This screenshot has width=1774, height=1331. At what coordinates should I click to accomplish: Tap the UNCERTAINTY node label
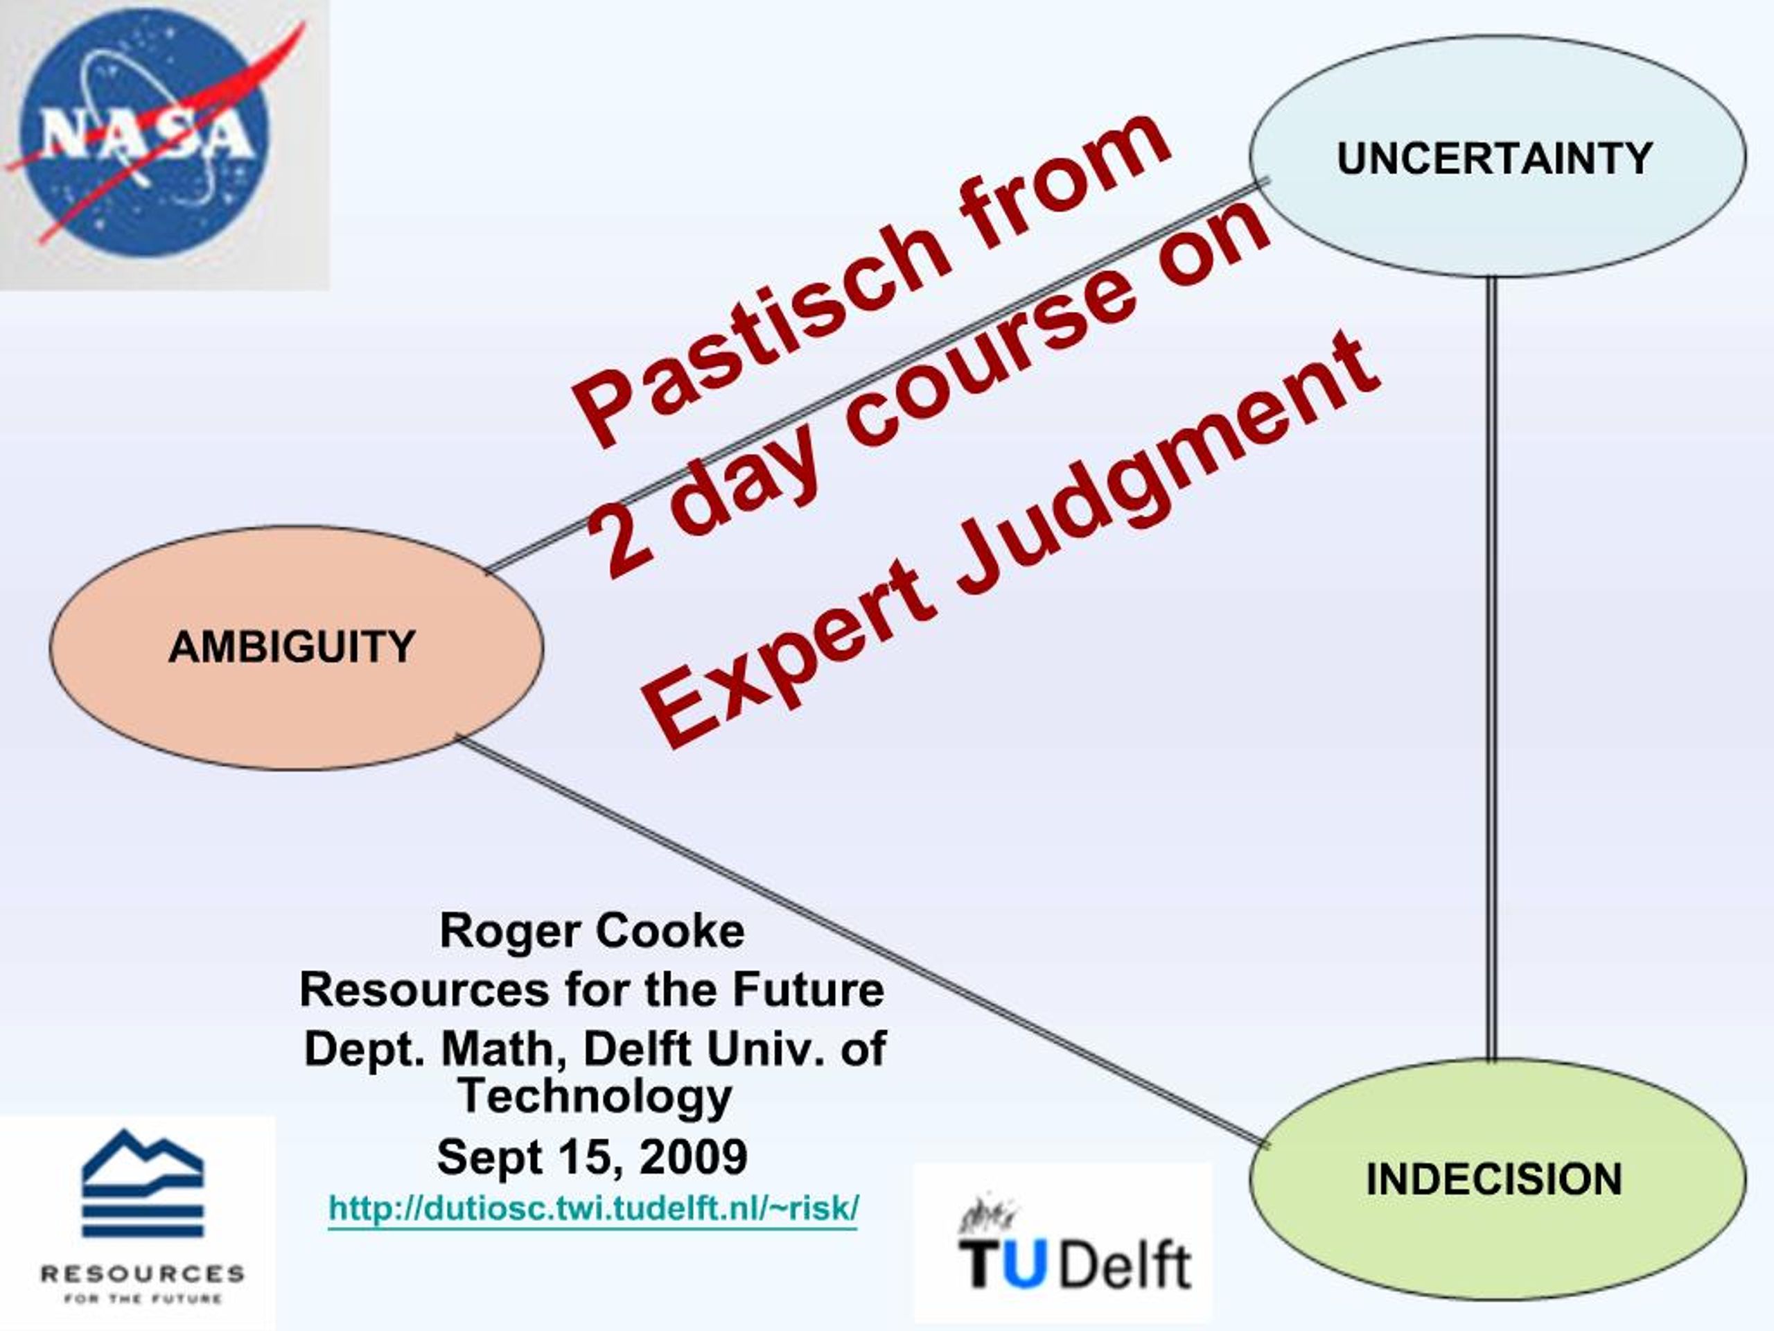tap(1494, 158)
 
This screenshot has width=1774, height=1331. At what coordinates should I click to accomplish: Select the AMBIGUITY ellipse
tap(296, 647)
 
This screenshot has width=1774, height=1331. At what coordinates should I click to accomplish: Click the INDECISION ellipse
tap(1497, 1180)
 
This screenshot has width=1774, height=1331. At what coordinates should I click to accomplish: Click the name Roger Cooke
tap(592, 930)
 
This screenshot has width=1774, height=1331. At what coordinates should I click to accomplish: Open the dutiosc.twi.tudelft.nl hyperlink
tap(593, 1208)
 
